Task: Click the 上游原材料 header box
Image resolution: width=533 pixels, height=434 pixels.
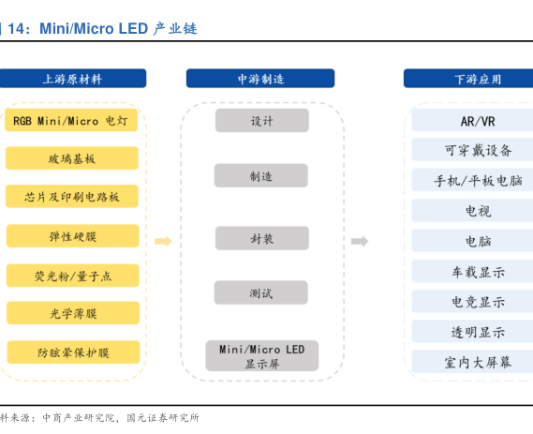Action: click(x=73, y=78)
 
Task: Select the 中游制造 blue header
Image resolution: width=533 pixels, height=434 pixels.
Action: click(x=260, y=78)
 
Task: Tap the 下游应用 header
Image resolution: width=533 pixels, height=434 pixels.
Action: click(x=468, y=78)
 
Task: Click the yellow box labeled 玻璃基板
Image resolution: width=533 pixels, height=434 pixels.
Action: click(x=72, y=158)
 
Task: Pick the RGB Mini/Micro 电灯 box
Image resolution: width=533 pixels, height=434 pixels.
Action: click(x=71, y=120)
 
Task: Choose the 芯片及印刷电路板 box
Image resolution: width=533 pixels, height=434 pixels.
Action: click(x=72, y=196)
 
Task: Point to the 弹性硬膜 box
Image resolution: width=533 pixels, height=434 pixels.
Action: click(x=73, y=235)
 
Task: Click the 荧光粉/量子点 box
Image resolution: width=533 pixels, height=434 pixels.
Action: click(x=73, y=276)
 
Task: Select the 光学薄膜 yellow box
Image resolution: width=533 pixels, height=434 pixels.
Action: click(x=73, y=313)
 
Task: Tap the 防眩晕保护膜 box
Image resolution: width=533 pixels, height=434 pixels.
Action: click(x=73, y=352)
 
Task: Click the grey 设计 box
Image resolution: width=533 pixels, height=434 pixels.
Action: click(x=262, y=120)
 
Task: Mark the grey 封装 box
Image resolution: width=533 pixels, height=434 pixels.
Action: click(x=262, y=238)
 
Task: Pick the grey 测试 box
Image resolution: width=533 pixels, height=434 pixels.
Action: click(x=261, y=292)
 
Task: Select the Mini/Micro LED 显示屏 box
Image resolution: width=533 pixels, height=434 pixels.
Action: click(x=262, y=356)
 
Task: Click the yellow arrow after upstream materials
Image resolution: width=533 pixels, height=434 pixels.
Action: click(x=163, y=242)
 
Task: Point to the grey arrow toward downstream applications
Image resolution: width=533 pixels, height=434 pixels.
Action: click(x=360, y=242)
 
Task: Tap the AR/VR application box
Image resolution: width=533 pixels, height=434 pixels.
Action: click(x=472, y=120)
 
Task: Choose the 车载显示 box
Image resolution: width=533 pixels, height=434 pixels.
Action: click(x=472, y=271)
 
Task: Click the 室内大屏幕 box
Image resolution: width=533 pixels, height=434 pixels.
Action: click(x=472, y=361)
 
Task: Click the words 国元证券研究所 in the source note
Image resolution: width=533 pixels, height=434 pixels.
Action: click(x=163, y=418)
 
